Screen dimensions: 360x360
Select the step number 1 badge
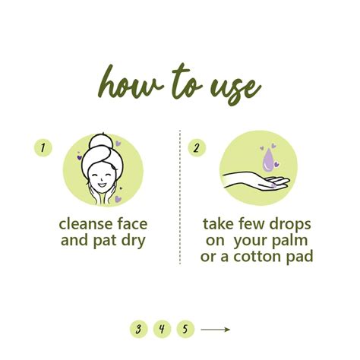click(43, 147)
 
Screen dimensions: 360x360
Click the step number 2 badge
click(197, 148)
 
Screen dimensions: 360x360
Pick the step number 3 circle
click(138, 329)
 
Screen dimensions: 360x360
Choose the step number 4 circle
click(162, 329)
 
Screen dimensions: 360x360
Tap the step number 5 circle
click(185, 329)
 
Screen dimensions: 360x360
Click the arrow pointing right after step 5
click(216, 330)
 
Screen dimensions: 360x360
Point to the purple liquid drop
click(268, 160)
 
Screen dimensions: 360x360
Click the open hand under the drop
click(256, 180)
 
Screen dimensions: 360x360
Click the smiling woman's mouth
click(102, 185)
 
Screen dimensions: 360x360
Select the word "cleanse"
click(87, 224)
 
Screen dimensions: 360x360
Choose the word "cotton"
click(257, 257)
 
